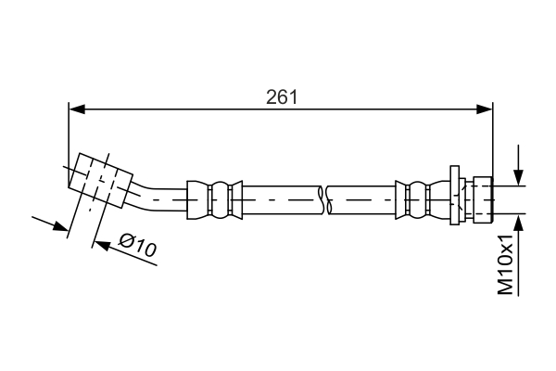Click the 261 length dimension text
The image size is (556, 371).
click(282, 97)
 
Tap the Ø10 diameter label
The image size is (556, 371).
click(137, 245)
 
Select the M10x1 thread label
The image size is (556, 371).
click(506, 265)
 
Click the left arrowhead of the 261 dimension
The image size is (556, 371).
click(77, 109)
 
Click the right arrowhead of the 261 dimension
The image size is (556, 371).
click(485, 109)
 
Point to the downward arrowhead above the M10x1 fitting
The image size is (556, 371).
click(518, 177)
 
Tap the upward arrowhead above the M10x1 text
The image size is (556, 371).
click(518, 223)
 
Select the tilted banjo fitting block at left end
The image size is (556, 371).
click(101, 180)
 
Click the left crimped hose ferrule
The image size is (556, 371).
click(215, 200)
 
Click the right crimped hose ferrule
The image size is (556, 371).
click(423, 200)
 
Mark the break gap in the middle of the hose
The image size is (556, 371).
click(325, 200)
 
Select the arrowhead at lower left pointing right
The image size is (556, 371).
click(60, 225)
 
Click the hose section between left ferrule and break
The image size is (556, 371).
click(282, 200)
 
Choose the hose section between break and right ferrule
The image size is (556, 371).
click(362, 200)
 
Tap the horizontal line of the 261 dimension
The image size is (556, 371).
click(281, 109)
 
